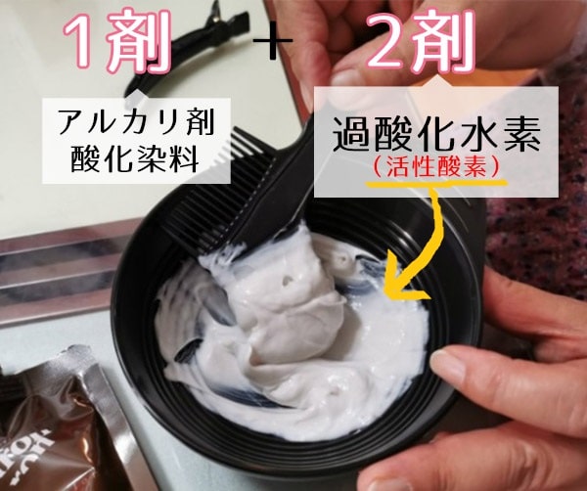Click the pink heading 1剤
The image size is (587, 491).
point(116,40)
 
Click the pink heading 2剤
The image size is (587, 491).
point(420,41)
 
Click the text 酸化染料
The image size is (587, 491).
point(135,158)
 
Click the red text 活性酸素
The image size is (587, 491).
point(436,167)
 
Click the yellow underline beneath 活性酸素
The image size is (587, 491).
point(436,183)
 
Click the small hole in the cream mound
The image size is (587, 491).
point(287,280)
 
